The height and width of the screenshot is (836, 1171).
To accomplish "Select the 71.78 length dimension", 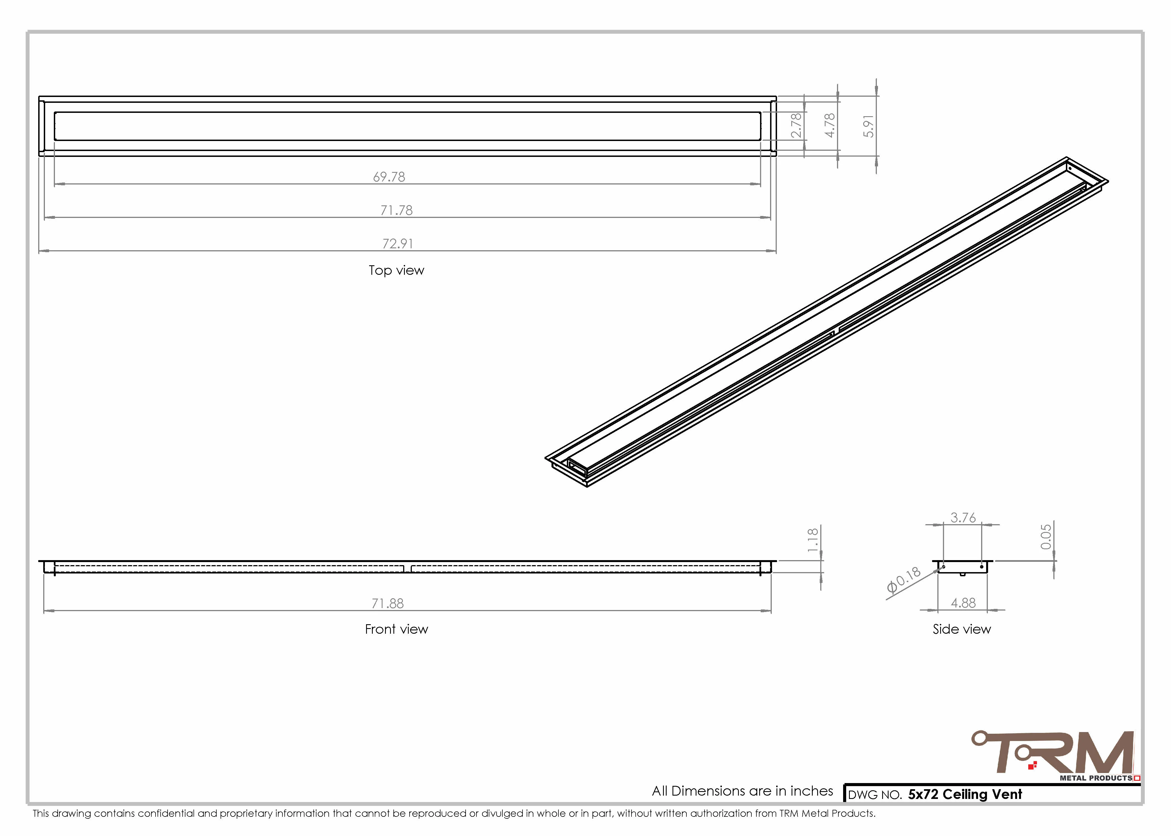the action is tap(396, 211).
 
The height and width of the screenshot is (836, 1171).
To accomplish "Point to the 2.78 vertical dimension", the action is tap(796, 126).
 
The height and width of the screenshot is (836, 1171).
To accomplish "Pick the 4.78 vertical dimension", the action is tap(829, 126).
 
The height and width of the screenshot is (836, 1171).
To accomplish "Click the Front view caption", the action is tap(396, 629).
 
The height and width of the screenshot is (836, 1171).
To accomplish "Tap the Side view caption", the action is tap(961, 629).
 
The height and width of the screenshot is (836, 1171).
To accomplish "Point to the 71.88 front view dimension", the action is tap(388, 603).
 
